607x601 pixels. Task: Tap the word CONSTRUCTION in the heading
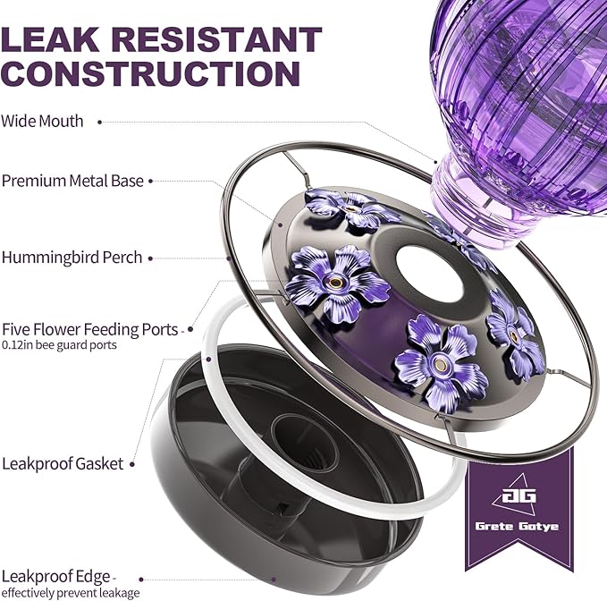click(x=150, y=73)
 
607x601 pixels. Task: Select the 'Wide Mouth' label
click(x=42, y=122)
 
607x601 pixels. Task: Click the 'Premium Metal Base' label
click(x=72, y=181)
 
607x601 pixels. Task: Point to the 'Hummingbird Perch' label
click(x=72, y=258)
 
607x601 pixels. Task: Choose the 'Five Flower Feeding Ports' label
click(x=89, y=329)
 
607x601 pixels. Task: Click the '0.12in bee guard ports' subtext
click(x=59, y=345)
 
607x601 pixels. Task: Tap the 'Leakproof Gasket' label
click(x=63, y=463)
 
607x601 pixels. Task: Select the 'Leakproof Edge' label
click(x=56, y=577)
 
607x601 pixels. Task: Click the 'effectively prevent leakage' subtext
click(x=71, y=593)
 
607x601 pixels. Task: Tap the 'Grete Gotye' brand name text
click(x=517, y=526)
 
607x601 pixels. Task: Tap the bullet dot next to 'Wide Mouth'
click(x=99, y=122)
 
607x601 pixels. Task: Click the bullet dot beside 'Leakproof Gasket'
click(x=132, y=464)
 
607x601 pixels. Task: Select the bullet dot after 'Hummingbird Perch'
click(x=150, y=258)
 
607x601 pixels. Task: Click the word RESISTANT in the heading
click(x=217, y=39)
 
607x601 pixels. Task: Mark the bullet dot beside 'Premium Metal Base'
click(x=150, y=182)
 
